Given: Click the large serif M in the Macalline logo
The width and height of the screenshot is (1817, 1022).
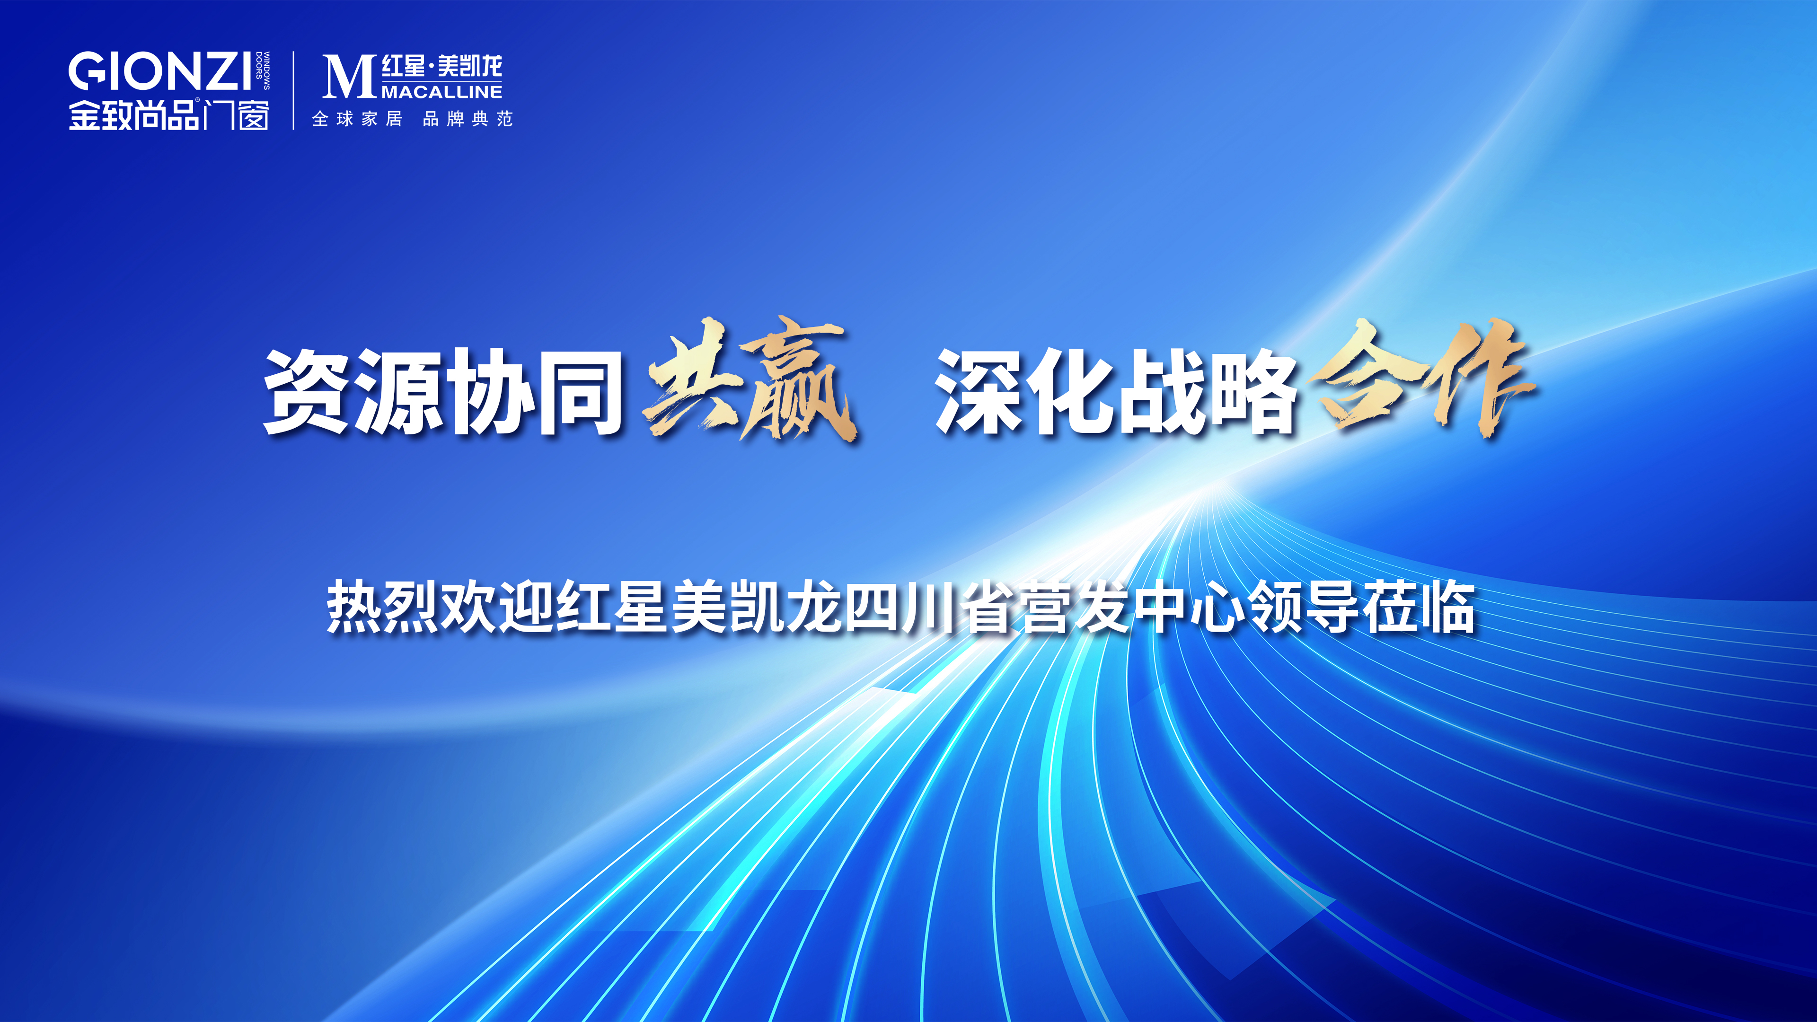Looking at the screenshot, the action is pyautogui.click(x=348, y=76).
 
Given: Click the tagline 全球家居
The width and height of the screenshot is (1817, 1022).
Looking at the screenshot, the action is pyautogui.click(x=358, y=119).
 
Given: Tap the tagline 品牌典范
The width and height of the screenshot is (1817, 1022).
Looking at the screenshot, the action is pyautogui.click(x=467, y=119).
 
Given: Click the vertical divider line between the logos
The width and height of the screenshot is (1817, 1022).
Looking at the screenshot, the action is pyautogui.click(x=293, y=90).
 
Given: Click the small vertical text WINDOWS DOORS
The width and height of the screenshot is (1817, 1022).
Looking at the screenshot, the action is pyautogui.click(x=263, y=70).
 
